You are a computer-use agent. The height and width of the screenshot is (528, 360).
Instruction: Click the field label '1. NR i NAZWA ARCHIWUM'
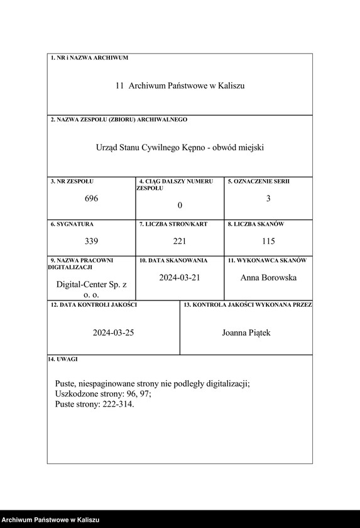pos(89,58)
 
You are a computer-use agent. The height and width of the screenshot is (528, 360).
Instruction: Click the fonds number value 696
pos(92,199)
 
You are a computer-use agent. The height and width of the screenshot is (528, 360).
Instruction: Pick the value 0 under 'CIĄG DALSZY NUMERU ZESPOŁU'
pos(180,206)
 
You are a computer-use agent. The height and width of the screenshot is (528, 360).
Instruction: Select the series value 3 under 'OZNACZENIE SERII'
pos(268,199)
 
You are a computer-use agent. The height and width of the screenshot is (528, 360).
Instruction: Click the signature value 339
pos(92,241)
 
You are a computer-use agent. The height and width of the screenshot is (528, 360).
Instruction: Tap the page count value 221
pos(180,241)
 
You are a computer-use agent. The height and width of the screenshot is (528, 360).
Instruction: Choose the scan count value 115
pos(268,241)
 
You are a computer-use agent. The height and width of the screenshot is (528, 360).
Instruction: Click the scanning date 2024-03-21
pos(180,277)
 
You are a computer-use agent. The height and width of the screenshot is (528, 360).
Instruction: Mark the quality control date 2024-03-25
pos(113,333)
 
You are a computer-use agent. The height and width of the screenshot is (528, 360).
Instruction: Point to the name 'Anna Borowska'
pos(268,277)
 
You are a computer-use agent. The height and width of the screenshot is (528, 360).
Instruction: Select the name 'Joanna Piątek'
pos(246,333)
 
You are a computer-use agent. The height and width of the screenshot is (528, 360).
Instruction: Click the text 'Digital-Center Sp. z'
pos(92,285)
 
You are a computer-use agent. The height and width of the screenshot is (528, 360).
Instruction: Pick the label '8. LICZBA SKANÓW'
pos(256,224)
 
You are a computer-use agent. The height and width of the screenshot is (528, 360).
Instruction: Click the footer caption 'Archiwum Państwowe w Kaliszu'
pos(50,520)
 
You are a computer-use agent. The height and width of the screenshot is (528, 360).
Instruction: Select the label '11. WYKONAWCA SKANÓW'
pos(267,260)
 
